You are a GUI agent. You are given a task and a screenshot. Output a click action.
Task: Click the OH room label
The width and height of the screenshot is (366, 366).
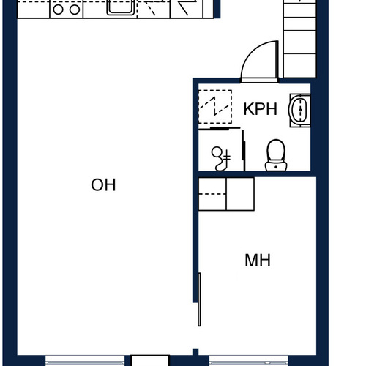pos(103,184)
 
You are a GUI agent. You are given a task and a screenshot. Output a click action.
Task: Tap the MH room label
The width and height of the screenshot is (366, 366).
pos(258,260)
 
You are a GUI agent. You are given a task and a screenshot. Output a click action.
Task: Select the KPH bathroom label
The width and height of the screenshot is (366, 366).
pos(261,109)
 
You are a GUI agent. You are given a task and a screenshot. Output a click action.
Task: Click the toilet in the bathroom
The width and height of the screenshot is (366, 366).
pos(276,155)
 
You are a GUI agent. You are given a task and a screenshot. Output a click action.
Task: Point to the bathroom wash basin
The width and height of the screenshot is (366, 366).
pos(300,110)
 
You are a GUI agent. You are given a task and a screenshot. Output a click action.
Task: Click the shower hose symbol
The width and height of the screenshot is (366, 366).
pos(221,159)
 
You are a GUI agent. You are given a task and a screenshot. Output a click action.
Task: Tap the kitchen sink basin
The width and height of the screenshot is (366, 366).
pos(121,7)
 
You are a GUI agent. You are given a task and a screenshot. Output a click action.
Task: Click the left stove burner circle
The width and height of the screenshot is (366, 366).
pos(58,10)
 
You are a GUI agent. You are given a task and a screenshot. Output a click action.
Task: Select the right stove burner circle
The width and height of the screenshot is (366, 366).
pos(75,10)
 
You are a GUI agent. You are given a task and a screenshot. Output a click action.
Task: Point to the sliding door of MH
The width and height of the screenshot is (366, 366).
pos(199,299)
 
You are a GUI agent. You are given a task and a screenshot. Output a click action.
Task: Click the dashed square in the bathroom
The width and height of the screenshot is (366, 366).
pos(215,107)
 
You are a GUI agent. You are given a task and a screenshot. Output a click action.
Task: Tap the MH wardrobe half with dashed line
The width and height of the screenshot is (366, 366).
pos(212,194)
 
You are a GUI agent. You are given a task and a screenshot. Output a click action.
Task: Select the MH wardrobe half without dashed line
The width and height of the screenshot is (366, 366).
pos(240,194)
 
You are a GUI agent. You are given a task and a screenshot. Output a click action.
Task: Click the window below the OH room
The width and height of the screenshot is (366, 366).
pos(85,361)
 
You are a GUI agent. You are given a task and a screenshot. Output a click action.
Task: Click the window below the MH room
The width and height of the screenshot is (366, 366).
pos(249,361)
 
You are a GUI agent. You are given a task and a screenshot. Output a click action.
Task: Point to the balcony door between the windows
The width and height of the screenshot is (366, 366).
pos(150,361)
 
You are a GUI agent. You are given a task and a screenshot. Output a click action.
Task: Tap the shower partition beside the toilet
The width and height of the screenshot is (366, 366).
pos(243,150)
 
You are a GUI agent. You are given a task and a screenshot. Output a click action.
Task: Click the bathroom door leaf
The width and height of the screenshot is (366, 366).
pos(277,60)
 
